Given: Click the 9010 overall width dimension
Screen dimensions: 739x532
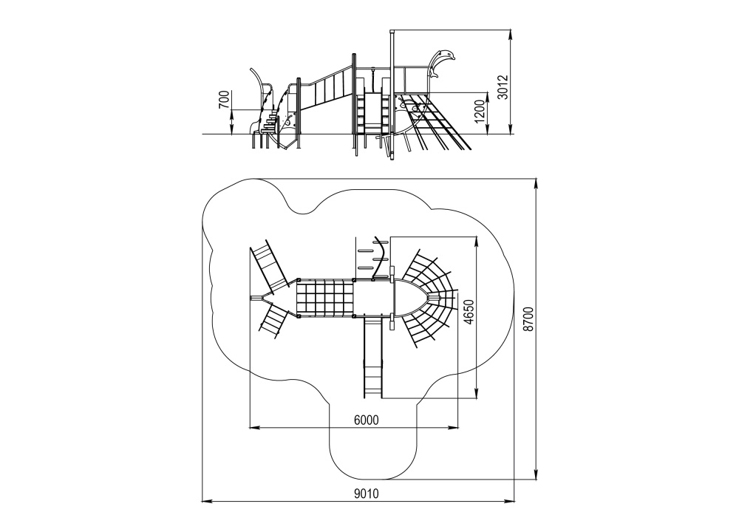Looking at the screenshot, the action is point(367,494).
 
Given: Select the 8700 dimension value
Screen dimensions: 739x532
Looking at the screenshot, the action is point(529,319).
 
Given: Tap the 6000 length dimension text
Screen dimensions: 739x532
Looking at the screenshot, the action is point(367,420).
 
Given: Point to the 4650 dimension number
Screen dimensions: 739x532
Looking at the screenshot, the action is point(468,313).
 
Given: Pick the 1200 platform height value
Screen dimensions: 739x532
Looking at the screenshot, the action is point(480,112).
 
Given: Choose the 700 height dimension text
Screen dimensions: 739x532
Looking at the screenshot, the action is point(225,100).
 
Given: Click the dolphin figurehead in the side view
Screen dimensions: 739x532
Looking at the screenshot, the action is point(440,62).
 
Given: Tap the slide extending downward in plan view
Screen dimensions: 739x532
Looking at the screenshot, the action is point(372,357).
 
